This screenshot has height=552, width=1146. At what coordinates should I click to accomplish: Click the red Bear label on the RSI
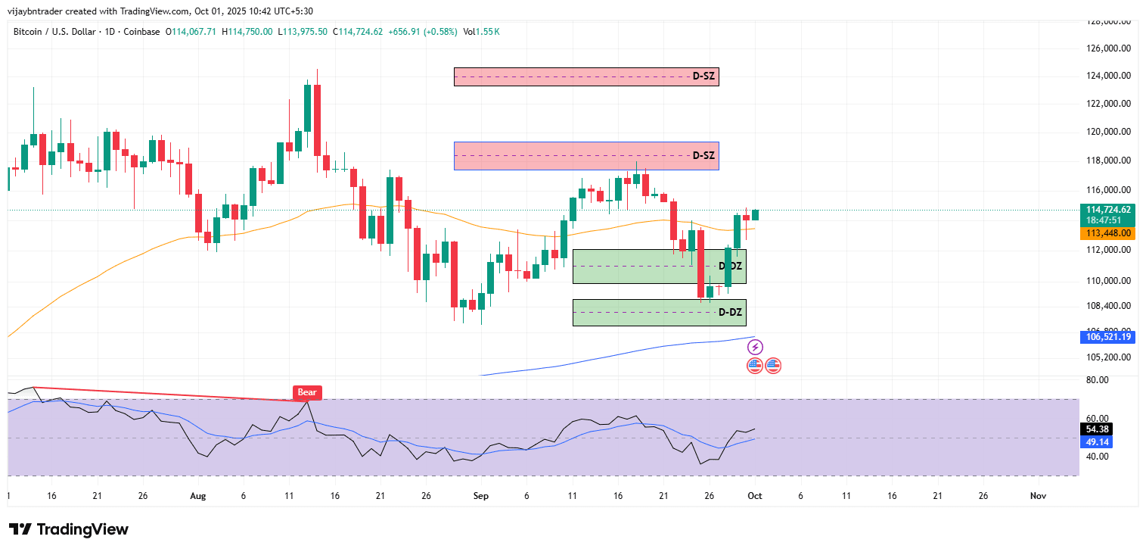point(307,392)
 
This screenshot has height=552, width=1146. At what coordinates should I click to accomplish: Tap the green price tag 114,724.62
point(1108,210)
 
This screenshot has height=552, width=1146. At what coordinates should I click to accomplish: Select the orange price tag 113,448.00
point(1108,233)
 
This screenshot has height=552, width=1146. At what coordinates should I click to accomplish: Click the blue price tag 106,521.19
point(1108,337)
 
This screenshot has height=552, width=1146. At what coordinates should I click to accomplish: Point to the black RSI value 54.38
point(1097,429)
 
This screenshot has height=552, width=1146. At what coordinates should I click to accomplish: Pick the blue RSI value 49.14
point(1097,442)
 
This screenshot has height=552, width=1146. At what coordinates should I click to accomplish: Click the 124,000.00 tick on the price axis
point(1108,76)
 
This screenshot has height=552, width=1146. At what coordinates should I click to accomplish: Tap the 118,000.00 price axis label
point(1108,161)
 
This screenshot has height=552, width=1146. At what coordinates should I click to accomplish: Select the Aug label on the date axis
point(197,496)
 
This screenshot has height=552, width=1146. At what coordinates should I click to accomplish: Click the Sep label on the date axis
point(481,496)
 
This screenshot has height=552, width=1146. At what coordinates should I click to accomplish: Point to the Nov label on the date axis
point(1038,496)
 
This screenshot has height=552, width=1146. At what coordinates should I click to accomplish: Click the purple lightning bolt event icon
point(755,347)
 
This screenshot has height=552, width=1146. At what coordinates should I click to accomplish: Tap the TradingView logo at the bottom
point(69,529)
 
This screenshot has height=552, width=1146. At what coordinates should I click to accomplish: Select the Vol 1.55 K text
point(481,32)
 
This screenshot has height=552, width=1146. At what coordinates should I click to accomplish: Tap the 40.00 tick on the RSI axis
point(1097,457)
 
